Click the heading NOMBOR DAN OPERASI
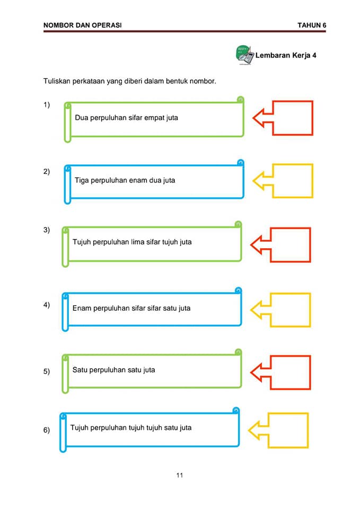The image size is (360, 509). click(x=83, y=25)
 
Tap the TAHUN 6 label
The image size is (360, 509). click(x=312, y=25)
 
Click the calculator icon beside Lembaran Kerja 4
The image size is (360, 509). click(x=244, y=55)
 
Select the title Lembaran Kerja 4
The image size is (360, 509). click(x=286, y=55)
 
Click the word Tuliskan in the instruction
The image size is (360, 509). click(x=57, y=81)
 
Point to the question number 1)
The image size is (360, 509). click(x=47, y=104)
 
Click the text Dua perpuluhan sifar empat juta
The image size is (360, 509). click(x=126, y=118)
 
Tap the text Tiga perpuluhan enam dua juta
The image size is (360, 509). click(x=125, y=180)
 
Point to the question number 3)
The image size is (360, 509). click(x=47, y=230)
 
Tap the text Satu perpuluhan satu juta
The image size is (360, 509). click(x=113, y=370)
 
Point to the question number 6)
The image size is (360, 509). click(x=47, y=430)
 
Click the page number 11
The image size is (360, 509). click(x=180, y=475)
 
